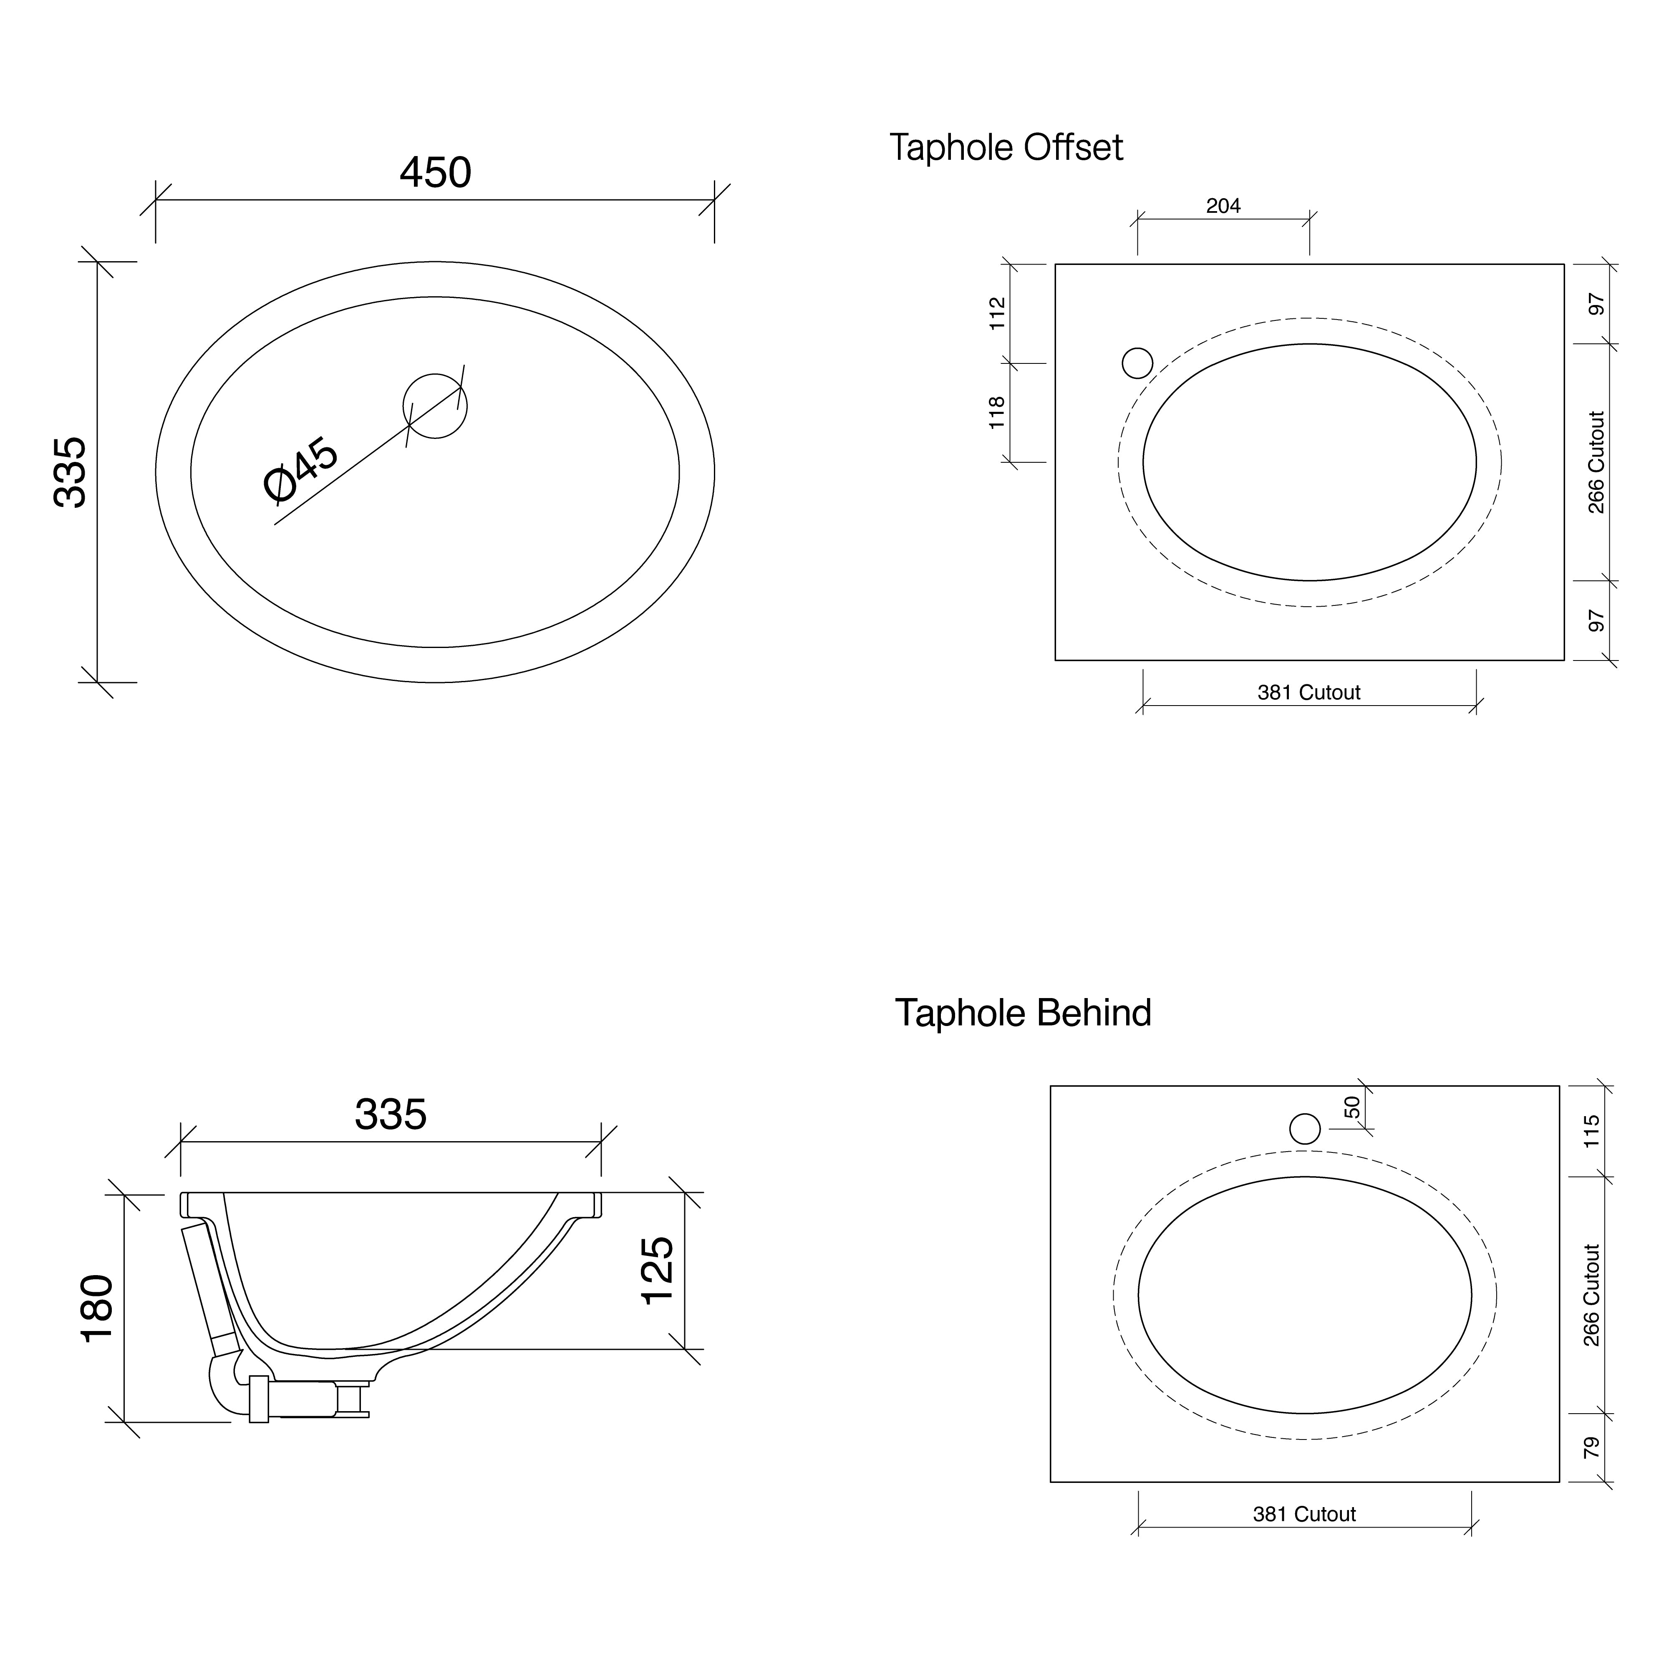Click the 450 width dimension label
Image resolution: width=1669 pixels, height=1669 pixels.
[x=435, y=173]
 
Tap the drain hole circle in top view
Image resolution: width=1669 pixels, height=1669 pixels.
[x=435, y=406]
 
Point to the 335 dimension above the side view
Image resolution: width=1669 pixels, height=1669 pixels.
[x=391, y=1114]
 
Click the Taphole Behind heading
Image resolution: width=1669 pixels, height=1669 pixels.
[x=1023, y=1013]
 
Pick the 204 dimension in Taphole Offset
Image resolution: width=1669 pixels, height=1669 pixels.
[x=1223, y=206]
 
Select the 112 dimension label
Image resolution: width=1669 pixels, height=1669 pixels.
[x=998, y=313]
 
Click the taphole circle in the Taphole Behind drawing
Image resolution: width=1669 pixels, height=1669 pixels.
[x=1304, y=1128]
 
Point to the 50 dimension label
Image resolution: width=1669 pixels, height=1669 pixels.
[x=1353, y=1107]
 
